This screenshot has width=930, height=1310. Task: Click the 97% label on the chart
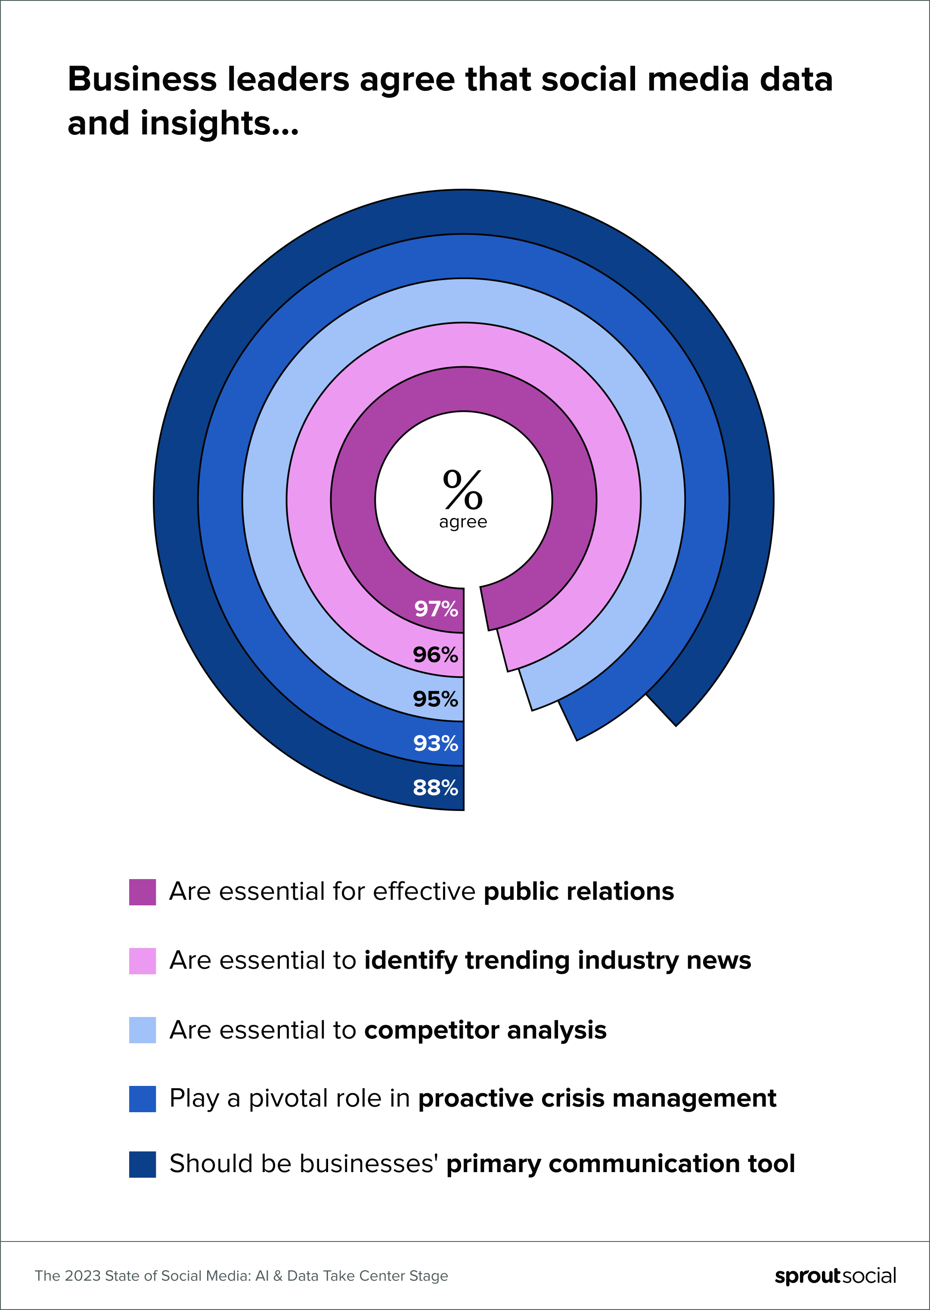tap(436, 608)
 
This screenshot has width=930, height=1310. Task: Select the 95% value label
tap(435, 699)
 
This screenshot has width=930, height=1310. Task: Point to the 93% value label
tap(435, 743)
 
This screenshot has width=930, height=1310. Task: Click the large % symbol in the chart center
tap(463, 490)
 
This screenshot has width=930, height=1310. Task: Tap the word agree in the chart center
tap(463, 522)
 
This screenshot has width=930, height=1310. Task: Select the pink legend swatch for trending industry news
tap(142, 961)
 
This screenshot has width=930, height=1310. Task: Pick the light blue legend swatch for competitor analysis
tap(142, 1030)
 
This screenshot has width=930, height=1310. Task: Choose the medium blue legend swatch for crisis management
tap(142, 1098)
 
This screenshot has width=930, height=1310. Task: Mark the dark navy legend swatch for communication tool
tap(142, 1164)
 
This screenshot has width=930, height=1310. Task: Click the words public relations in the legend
tap(578, 892)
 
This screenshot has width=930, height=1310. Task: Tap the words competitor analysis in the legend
tap(485, 1030)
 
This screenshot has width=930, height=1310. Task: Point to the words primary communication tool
tap(620, 1164)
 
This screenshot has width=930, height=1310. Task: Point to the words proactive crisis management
tap(597, 1098)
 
